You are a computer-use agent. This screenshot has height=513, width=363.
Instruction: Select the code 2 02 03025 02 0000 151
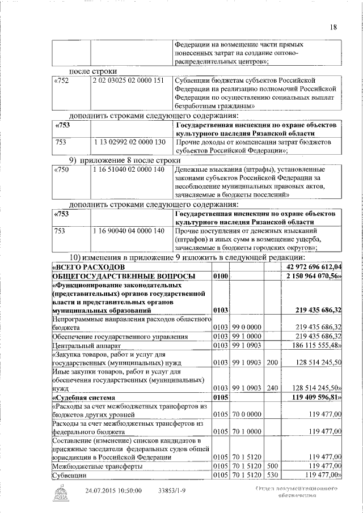(128, 80)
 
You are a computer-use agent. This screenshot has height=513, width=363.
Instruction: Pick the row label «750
(60, 169)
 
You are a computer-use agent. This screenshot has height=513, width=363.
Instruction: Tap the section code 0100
(221, 276)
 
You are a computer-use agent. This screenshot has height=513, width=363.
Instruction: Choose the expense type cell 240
(272, 388)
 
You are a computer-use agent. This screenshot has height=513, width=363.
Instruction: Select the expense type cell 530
(272, 474)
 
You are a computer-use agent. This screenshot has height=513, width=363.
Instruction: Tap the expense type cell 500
(272, 465)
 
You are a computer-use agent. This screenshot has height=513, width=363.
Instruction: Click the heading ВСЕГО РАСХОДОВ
(85, 266)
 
